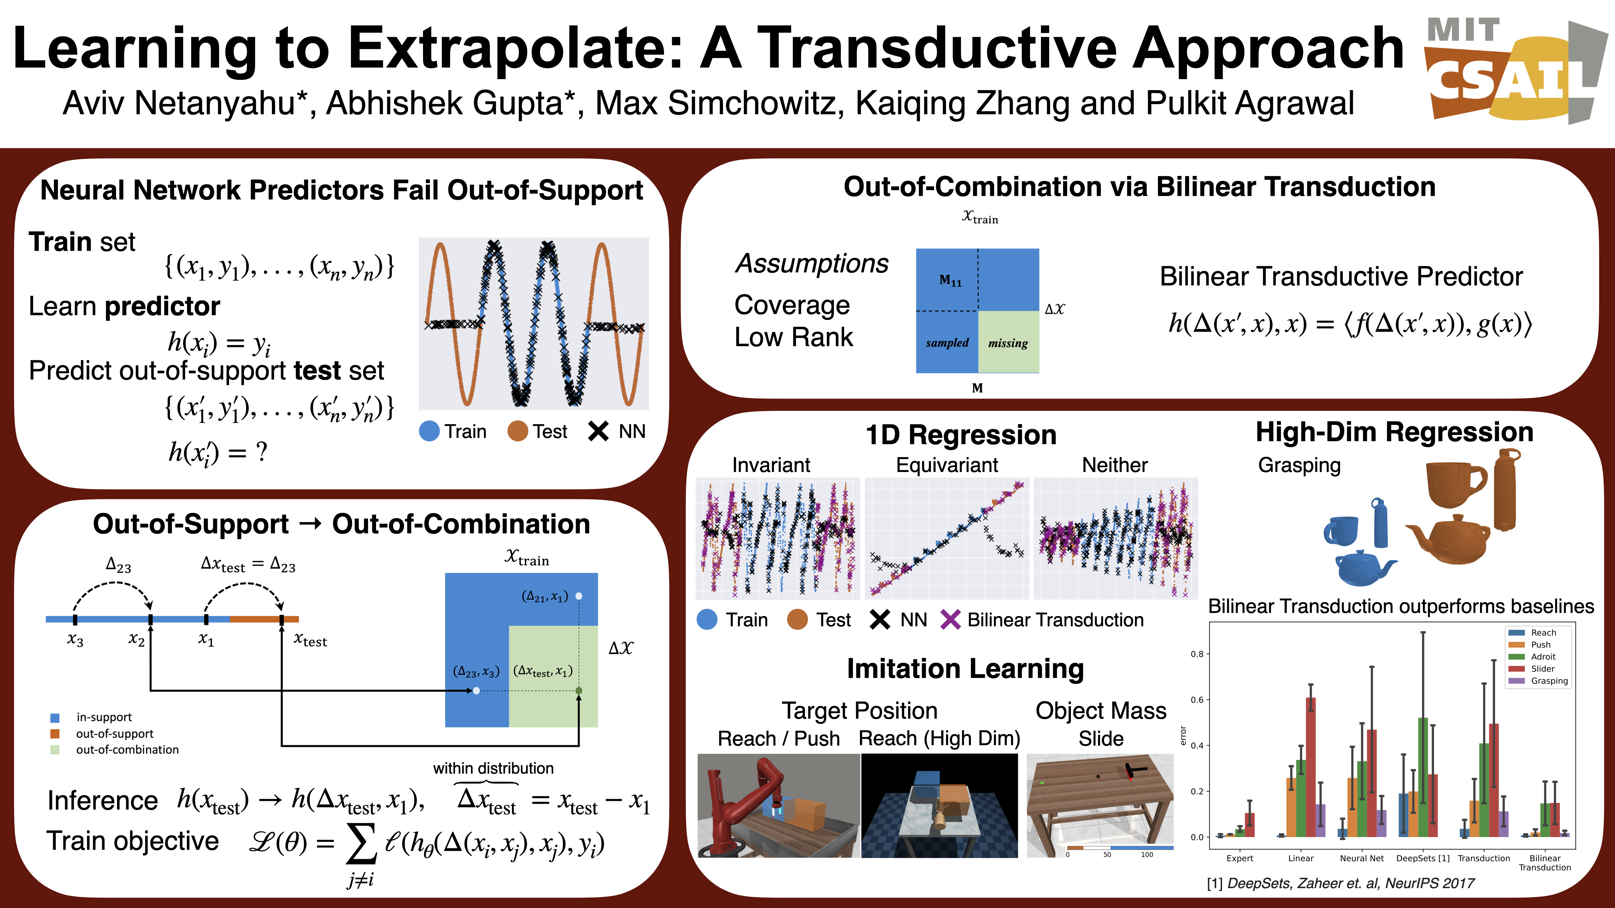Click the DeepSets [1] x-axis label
1423,859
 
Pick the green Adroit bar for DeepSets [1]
1423,777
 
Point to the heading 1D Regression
960,435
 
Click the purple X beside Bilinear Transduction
950,620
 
